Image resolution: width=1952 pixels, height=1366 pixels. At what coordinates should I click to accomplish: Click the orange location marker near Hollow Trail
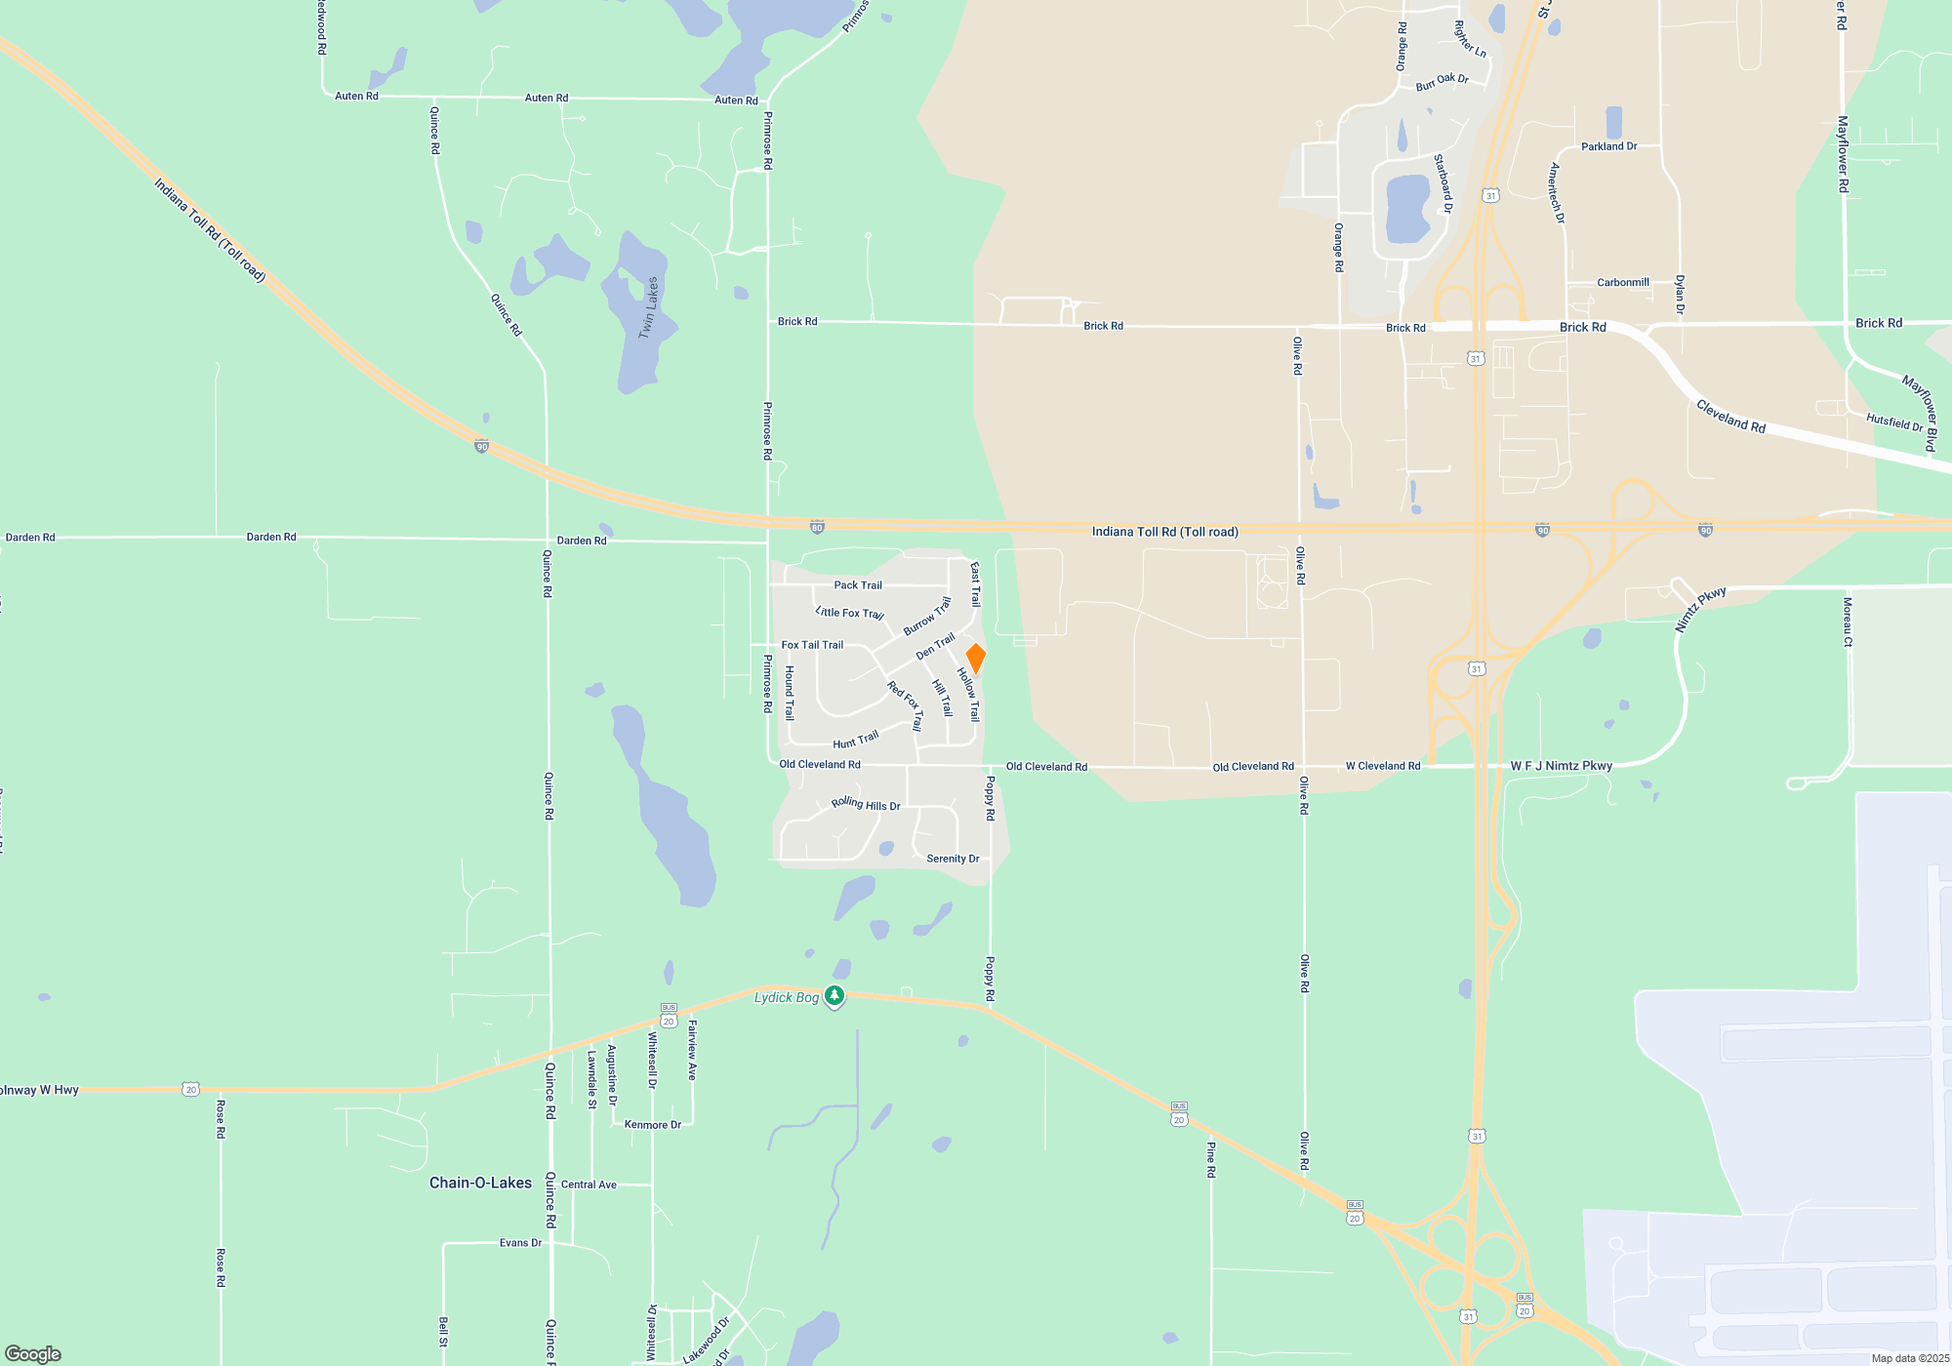click(x=975, y=659)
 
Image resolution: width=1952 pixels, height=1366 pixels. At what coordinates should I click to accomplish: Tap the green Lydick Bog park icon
click(x=834, y=996)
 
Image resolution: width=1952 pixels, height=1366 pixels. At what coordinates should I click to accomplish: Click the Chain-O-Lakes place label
click(x=480, y=1183)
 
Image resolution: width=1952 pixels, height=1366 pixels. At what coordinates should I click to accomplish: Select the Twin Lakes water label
click(x=648, y=307)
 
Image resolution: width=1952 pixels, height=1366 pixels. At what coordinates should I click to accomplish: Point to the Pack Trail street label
click(x=858, y=585)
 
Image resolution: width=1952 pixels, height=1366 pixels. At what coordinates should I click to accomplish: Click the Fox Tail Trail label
click(x=812, y=645)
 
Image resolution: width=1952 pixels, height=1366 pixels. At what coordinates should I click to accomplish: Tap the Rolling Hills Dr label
click(x=866, y=804)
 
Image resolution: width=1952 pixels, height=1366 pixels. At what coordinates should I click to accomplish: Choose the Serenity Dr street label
click(x=953, y=859)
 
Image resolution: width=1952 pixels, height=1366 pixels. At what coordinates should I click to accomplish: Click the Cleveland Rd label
click(x=1730, y=417)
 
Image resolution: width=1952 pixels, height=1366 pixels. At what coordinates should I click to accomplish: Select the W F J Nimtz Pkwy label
click(x=1561, y=766)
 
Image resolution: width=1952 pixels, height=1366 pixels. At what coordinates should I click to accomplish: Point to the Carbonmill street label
click(x=1623, y=283)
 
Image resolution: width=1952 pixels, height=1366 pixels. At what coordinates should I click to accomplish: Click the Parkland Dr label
click(x=1608, y=146)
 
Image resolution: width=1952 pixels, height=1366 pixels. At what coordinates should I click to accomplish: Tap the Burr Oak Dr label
click(x=1442, y=82)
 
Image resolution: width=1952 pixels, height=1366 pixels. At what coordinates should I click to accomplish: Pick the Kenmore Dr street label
click(x=652, y=1125)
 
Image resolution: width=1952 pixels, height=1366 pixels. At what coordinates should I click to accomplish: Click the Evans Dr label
click(x=520, y=1243)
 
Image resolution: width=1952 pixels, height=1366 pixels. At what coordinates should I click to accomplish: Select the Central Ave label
click(x=589, y=1185)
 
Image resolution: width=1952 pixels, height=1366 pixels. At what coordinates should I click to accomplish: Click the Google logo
click(x=33, y=1354)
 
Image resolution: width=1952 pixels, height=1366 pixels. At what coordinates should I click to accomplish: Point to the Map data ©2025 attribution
click(x=1910, y=1358)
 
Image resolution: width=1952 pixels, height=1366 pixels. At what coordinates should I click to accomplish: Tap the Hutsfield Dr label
click(x=1893, y=422)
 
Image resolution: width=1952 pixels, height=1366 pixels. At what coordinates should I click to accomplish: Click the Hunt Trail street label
click(x=856, y=740)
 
